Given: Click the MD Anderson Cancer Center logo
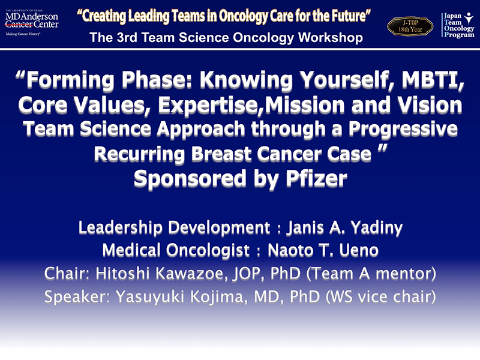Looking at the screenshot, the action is click(32, 22).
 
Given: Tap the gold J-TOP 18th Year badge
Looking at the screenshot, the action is click(410, 26).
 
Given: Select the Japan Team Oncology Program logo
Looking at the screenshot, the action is click(458, 25).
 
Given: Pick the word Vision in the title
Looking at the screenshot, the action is click(430, 104).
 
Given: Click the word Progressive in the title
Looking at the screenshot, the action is click(403, 129).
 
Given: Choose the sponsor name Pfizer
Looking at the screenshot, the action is click(317, 178).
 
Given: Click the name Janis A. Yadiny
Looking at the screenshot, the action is click(344, 228).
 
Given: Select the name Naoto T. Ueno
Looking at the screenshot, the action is click(323, 250).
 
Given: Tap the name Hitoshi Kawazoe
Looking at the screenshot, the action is click(162, 274).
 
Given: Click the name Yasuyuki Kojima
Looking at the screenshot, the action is click(181, 296).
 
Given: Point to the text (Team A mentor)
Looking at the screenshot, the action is click(371, 274).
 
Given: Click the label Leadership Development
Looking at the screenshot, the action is click(174, 228).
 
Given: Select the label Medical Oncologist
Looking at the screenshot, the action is click(176, 250).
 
